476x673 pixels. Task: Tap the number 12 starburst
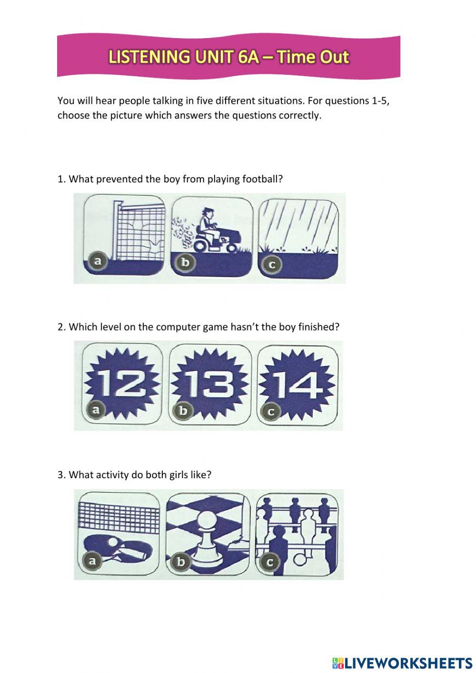point(122,384)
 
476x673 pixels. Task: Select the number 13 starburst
point(209,384)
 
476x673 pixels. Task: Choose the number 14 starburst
point(297,384)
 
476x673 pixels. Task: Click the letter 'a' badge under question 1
point(98,261)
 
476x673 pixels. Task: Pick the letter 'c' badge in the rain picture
point(272,265)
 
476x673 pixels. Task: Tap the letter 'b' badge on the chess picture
point(180,561)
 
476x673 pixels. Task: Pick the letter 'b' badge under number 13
point(183,410)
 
